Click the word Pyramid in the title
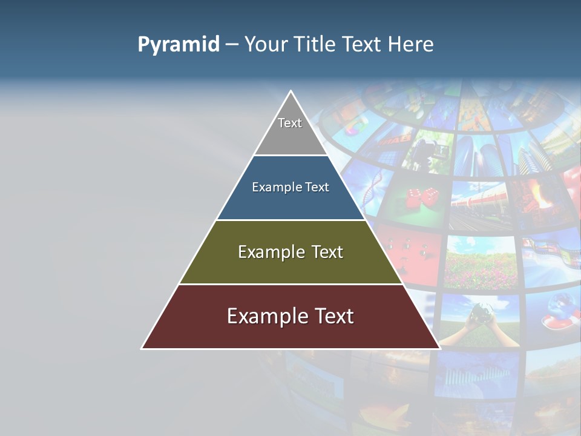click(179, 45)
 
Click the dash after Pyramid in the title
click(232, 45)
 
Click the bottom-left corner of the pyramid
click(142, 348)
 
